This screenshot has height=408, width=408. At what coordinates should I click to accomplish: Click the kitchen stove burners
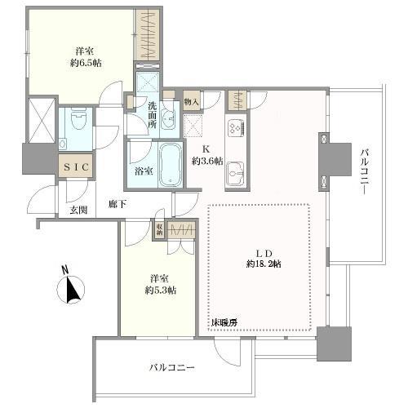235,128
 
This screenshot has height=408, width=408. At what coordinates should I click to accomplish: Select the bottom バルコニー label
171,368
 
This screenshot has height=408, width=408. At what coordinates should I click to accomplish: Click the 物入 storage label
191,103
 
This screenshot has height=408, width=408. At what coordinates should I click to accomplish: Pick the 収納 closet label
161,229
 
